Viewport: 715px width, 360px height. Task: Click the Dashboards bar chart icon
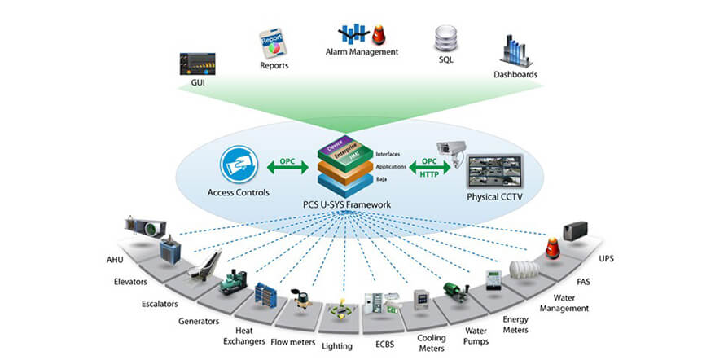coord(516,51)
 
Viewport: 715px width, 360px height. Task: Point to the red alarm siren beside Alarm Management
coord(379,33)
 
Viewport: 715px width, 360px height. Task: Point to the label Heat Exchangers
coord(248,336)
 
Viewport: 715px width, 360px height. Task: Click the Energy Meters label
coord(516,324)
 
